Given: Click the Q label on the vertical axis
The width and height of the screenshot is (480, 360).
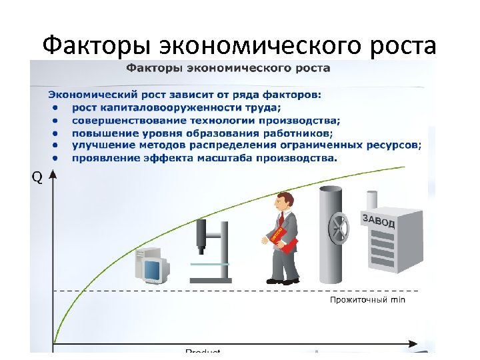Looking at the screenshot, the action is coord(38,178).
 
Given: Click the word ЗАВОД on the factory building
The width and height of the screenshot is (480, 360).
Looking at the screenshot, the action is coord(378,221).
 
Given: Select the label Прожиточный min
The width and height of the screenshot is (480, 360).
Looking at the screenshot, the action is coord(367,300).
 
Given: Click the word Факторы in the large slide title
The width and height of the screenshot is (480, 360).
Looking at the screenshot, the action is coord(97,46).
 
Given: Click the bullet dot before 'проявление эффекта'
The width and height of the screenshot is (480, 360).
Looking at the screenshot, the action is coord(56,158).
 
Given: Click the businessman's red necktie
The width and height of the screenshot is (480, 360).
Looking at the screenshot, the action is coord(283,221).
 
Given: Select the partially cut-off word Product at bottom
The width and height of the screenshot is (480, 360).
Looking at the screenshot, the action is coord(203,352).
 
